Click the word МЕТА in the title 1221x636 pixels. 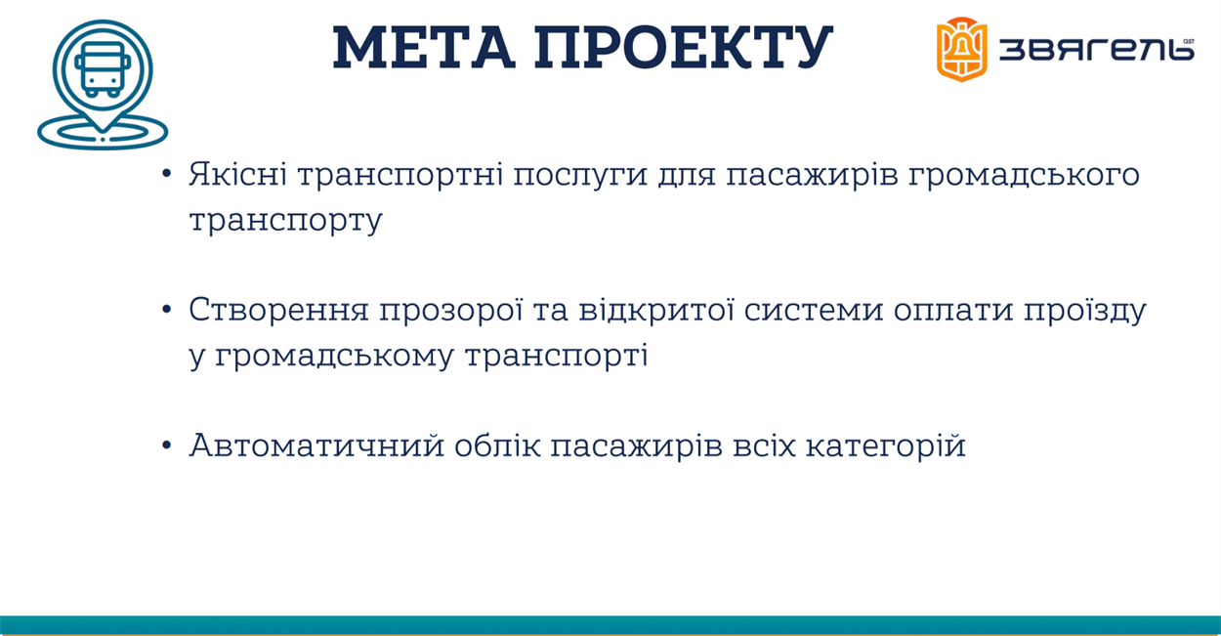coord(424,48)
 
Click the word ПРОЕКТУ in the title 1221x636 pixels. coord(684,48)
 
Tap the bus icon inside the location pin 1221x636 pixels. coord(103,69)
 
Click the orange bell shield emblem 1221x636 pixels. coord(962,49)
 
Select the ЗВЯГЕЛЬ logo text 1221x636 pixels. coord(1097,50)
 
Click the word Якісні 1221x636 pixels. coord(237,174)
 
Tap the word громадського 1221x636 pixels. coord(1023,176)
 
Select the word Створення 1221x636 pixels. coord(278,310)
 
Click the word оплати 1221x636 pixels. coord(952,313)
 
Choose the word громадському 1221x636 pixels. coord(334,357)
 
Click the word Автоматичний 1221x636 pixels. coord(316,445)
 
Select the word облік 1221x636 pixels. coord(497,445)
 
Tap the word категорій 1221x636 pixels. coord(886,446)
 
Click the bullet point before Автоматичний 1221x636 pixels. coord(167,445)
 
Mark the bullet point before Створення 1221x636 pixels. coord(167,310)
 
